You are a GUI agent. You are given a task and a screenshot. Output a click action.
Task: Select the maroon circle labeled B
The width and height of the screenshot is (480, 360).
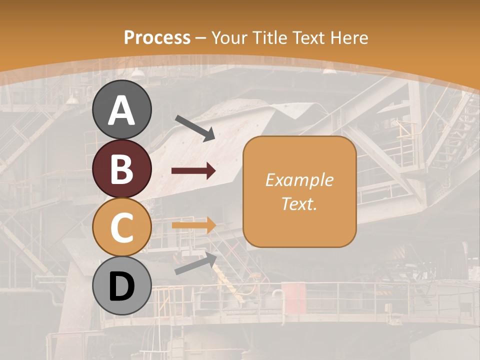(x=121, y=168)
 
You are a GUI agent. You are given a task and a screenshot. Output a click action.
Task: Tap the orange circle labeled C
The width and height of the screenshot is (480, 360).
(x=121, y=227)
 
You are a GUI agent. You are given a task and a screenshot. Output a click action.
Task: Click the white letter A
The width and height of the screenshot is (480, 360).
(x=121, y=110)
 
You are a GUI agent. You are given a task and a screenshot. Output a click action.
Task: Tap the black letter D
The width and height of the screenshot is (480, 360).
(x=121, y=286)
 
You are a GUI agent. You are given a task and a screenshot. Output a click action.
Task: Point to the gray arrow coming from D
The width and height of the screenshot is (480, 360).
(x=195, y=263)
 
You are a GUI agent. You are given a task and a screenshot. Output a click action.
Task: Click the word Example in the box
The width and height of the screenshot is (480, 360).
(x=299, y=180)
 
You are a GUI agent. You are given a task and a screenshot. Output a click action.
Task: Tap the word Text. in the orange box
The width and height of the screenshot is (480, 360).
(x=299, y=204)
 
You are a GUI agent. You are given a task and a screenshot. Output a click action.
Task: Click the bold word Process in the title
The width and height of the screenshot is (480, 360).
(x=157, y=38)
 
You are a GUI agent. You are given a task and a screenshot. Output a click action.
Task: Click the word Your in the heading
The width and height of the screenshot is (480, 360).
(x=230, y=38)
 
